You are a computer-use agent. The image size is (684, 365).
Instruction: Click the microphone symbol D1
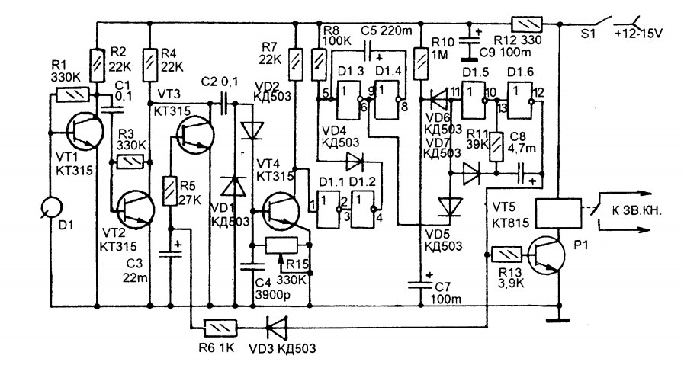(x=51, y=207)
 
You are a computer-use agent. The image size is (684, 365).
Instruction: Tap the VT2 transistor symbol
(x=136, y=209)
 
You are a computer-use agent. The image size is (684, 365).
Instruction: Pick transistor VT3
(x=196, y=134)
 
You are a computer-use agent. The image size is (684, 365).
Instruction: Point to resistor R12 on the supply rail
(x=526, y=23)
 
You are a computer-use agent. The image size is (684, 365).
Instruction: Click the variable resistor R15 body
(x=282, y=245)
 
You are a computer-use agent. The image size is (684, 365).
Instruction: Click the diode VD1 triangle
(x=235, y=186)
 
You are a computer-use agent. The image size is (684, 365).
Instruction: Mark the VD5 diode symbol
(x=449, y=207)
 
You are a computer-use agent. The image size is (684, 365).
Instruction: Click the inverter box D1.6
(x=520, y=101)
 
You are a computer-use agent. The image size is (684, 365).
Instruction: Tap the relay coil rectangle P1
(x=558, y=213)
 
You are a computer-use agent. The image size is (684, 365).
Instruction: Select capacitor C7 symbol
(x=419, y=285)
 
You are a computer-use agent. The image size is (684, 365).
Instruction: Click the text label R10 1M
(x=443, y=48)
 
